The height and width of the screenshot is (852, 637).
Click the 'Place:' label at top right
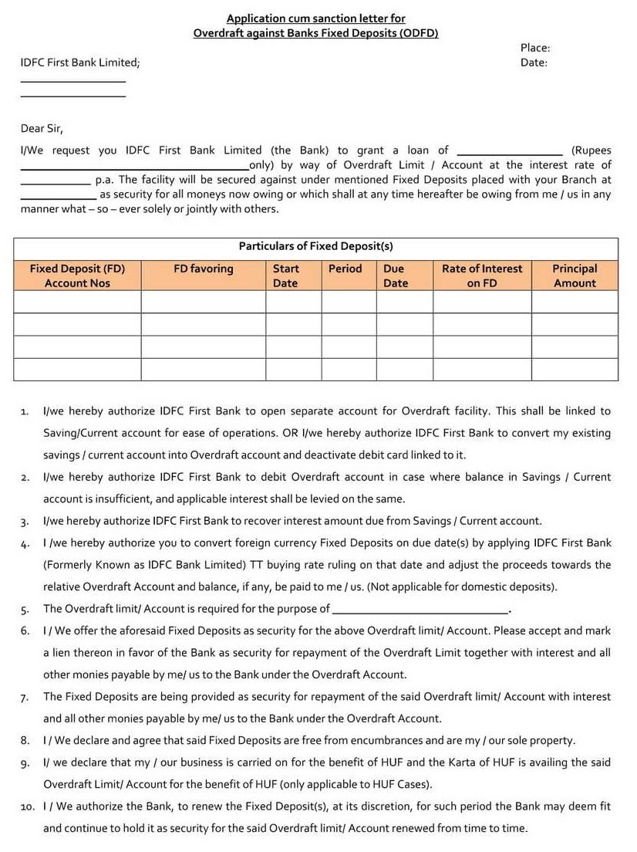click(534, 48)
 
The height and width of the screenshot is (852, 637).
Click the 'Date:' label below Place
click(534, 63)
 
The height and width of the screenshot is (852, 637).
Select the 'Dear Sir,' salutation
click(42, 128)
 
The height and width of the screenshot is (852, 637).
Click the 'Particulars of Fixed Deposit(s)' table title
click(315, 246)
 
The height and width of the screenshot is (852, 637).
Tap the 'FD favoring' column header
click(203, 269)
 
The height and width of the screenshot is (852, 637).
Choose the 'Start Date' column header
click(285, 276)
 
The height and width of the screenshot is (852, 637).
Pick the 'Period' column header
click(345, 269)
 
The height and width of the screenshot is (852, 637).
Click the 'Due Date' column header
click(395, 276)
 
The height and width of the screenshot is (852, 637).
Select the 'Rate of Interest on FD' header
click(482, 276)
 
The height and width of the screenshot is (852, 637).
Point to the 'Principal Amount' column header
click(575, 276)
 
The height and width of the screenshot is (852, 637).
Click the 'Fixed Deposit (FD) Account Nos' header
click(77, 276)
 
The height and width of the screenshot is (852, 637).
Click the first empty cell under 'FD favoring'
click(203, 302)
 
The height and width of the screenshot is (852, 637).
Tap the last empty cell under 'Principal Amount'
click(575, 370)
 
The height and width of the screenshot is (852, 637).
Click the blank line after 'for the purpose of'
click(420, 610)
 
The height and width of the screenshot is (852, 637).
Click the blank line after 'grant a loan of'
click(510, 151)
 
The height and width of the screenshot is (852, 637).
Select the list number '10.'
click(28, 807)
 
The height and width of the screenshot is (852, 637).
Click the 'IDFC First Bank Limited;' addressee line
click(80, 63)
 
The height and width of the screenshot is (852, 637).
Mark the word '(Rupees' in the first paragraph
click(591, 150)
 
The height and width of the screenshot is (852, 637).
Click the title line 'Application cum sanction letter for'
click(315, 19)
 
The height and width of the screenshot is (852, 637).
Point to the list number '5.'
click(25, 610)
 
